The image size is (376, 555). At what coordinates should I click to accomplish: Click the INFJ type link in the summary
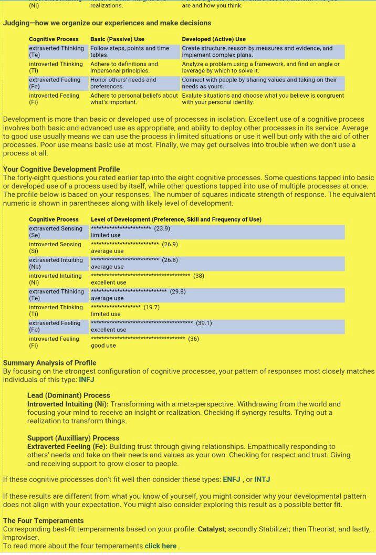(87, 380)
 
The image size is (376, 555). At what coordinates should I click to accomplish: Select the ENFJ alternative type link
(232, 479)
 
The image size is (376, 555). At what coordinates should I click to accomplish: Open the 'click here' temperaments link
(161, 546)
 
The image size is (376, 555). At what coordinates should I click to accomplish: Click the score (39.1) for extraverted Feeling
(204, 323)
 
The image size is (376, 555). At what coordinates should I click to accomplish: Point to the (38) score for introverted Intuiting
(199, 276)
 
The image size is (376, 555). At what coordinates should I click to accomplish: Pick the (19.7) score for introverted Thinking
(152, 307)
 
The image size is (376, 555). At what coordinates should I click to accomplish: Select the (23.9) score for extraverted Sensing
(162, 228)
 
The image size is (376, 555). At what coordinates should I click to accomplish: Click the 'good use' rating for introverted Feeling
(103, 345)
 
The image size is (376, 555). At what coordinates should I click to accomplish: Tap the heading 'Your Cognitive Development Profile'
(61, 169)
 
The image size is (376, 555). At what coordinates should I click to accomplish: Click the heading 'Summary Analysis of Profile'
(50, 363)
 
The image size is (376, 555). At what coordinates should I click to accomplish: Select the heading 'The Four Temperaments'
(43, 521)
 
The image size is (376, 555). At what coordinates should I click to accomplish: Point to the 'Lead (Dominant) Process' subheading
(69, 395)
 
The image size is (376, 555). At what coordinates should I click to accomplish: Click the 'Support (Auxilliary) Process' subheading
(73, 438)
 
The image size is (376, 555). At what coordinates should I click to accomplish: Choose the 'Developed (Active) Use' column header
(214, 39)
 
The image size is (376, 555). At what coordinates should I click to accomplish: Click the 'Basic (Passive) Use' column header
(117, 39)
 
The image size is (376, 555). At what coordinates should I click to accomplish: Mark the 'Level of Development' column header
(176, 219)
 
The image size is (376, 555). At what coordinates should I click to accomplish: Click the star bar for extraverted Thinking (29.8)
(129, 291)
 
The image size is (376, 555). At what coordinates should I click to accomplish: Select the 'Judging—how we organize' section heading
(107, 23)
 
